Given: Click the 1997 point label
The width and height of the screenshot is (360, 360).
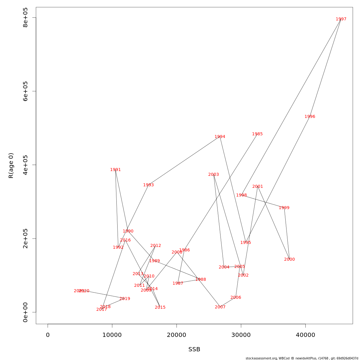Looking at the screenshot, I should coord(341,19).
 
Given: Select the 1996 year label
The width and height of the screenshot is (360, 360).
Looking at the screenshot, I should coord(310,117).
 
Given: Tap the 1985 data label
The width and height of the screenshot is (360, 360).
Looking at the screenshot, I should coord(257,134).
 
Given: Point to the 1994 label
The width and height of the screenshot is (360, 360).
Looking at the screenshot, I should coord(220,137).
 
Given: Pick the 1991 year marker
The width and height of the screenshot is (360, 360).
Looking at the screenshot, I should coord(115,170).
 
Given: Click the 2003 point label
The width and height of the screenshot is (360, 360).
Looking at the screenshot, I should coord(213,175).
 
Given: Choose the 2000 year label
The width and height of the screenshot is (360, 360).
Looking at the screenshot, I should coord(289,259).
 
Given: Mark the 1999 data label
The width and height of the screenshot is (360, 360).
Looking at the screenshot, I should coord(284,208).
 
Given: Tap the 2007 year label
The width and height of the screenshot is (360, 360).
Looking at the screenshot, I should coord(220,307).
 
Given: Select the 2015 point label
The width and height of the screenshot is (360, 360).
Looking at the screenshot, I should coord(160,307).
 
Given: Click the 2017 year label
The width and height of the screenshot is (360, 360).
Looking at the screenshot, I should coord(101,310).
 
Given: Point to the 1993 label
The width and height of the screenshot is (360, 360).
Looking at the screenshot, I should coord(148,185).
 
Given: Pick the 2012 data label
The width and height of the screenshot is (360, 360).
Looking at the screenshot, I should coord(155,246).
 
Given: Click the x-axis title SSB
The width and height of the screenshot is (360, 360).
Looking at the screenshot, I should coord(194,349).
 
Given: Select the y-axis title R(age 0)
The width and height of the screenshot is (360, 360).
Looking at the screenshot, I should coord(11,166).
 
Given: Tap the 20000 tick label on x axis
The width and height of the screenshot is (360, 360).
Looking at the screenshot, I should coord(176,335).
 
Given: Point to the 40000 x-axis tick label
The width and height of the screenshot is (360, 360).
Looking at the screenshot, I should coord(305,335).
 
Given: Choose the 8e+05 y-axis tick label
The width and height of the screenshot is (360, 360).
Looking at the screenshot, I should coord(25,18).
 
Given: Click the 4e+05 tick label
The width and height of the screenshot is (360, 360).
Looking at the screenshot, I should coord(25,165).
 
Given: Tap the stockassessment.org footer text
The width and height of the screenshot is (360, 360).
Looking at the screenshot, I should coord(302,358).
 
